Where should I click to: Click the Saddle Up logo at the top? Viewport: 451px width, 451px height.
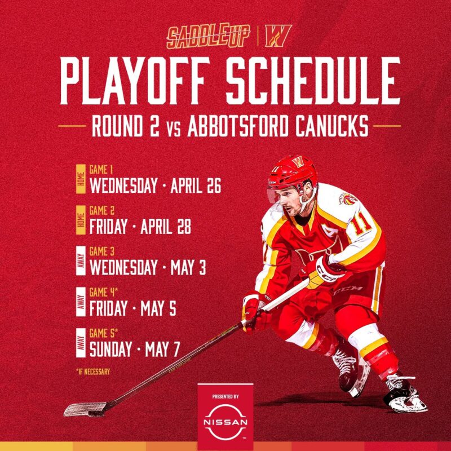[x=208, y=36]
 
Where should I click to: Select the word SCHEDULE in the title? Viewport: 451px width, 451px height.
[x=313, y=81]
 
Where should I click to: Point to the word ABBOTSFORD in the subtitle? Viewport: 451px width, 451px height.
[x=238, y=126]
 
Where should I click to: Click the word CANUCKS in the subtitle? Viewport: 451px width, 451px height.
[x=332, y=126]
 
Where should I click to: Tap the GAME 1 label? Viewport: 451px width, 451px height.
[x=101, y=170]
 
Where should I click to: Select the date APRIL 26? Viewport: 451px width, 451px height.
[x=196, y=185]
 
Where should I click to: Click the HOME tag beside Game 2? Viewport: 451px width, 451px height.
[x=81, y=220]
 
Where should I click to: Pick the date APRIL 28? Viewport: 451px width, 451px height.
[x=165, y=227]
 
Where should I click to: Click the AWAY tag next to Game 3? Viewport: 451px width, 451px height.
[x=81, y=260]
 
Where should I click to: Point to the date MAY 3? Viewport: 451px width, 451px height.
[x=188, y=267]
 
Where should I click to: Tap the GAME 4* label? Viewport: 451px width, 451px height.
[x=104, y=293]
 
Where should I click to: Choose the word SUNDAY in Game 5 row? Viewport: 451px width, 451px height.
[x=110, y=349]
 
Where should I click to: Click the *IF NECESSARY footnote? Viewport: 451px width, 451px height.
[x=93, y=372]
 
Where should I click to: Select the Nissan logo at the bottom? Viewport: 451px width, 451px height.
[x=225, y=422]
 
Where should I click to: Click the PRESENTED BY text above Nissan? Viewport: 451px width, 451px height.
[x=225, y=397]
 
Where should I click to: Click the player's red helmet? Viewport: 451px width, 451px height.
[x=293, y=172]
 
